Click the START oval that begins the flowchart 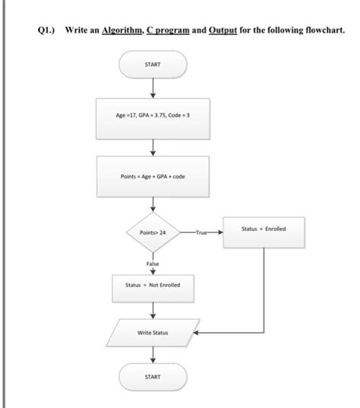tap(153, 65)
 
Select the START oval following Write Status tap(153, 375)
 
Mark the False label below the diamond tap(153, 263)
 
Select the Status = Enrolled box tap(264, 228)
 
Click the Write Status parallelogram tap(153, 333)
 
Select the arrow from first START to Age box tap(153, 88)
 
